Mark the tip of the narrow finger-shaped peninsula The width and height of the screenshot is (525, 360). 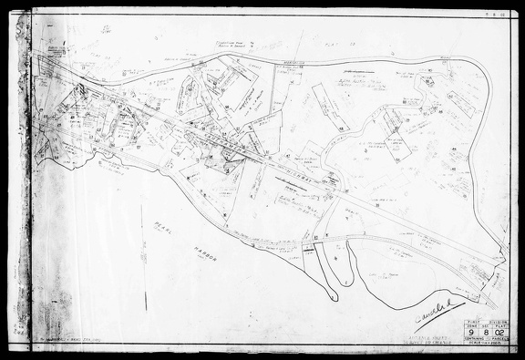(x=334, y=298)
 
